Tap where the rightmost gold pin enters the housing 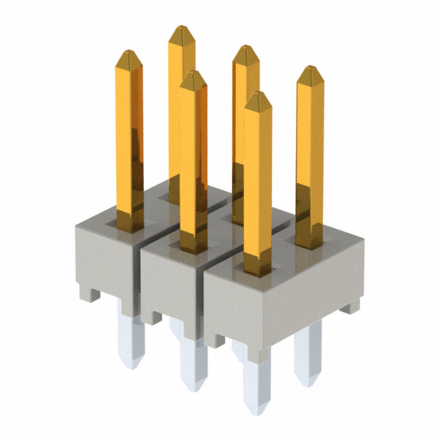point(309,242)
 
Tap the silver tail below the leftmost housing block point(130,339)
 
